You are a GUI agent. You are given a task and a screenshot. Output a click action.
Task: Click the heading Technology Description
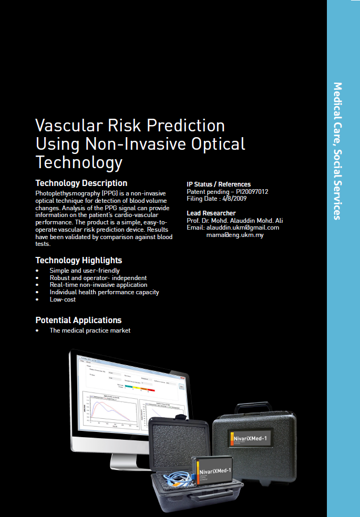(x=81, y=183)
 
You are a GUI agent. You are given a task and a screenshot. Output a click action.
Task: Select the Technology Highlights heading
(x=78, y=260)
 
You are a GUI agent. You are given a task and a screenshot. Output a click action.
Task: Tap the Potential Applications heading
(x=78, y=320)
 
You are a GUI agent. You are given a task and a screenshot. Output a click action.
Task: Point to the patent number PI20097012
(x=252, y=192)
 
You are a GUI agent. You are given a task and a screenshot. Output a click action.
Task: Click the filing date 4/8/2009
(x=235, y=199)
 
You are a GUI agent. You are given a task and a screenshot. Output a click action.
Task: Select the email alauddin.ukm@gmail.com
(x=243, y=228)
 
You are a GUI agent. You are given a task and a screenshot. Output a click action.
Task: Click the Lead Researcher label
(x=211, y=213)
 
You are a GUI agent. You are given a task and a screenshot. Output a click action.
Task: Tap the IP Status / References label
(x=219, y=184)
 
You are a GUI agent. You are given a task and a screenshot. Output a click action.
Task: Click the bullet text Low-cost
(x=63, y=299)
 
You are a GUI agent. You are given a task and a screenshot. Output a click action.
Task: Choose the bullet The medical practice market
(x=90, y=330)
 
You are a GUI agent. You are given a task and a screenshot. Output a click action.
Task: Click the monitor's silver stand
(x=127, y=458)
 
